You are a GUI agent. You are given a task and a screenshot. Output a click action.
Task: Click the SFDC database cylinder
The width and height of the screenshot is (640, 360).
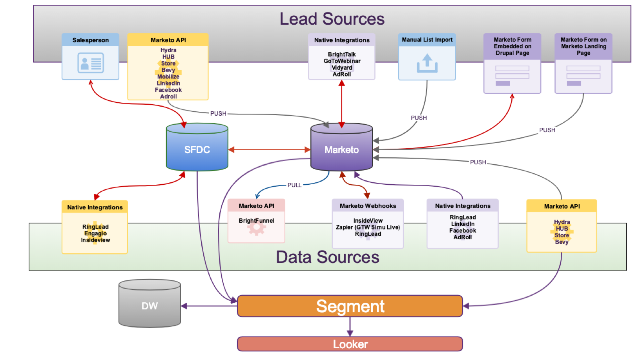197,149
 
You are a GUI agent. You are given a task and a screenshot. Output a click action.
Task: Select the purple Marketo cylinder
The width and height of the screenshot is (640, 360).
341,149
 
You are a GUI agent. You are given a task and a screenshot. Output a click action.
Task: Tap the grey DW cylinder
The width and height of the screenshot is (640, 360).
150,305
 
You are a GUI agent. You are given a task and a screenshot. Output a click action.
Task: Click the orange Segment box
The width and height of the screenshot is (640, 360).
350,306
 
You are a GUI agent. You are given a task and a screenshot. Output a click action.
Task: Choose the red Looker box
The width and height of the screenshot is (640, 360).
350,344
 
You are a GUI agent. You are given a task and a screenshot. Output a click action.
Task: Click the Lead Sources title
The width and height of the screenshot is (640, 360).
332,19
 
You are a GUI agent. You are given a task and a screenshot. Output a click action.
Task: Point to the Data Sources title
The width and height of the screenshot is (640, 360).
327,257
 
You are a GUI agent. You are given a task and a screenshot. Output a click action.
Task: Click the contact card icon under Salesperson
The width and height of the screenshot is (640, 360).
91,63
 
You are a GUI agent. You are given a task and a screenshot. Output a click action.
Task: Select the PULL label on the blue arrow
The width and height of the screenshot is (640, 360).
294,185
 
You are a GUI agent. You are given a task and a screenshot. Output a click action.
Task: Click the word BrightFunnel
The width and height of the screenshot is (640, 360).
256,221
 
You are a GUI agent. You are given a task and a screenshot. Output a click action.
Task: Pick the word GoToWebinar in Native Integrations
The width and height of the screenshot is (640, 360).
342,61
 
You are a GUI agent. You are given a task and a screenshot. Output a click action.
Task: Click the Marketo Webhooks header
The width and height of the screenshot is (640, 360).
368,206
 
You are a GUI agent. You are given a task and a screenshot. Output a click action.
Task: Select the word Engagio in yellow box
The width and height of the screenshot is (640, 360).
95,233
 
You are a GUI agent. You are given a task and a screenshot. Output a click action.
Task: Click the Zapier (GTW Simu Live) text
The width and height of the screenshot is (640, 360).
368,227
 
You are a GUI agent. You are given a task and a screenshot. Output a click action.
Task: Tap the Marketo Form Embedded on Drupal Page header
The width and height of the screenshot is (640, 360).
512,46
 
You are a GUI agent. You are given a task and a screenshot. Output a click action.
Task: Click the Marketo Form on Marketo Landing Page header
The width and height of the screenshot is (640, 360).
583,46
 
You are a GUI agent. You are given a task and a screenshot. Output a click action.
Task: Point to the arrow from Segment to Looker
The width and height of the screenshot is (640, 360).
350,326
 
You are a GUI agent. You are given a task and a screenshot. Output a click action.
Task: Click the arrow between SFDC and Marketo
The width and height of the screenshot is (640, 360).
269,149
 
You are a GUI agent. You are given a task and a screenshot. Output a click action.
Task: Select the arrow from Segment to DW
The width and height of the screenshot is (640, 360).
209,306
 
